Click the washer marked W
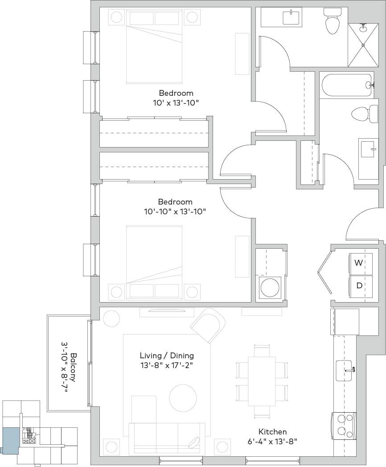pos(359,263)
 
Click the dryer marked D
pos(359,286)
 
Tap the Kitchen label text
pos(272,432)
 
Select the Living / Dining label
pos(167,356)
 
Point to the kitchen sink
pos(345,370)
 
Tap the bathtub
pos(347,86)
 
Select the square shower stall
pos(362,45)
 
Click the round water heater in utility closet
pos(270,287)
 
